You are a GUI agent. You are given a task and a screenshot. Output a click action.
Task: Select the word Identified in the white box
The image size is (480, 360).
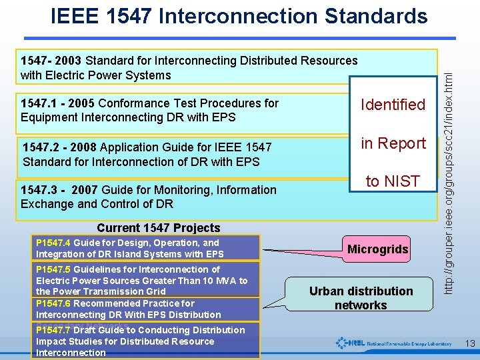click(393, 105)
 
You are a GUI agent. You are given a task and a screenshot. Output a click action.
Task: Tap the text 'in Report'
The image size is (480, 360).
click(393, 143)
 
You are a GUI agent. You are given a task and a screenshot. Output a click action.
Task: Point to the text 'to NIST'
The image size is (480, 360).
click(393, 181)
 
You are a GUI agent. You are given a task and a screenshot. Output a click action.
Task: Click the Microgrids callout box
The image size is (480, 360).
click(378, 249)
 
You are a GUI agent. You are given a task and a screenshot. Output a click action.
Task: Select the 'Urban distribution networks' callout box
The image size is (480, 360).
click(361, 298)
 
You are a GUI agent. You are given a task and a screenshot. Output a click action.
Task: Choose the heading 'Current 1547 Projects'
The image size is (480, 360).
click(158, 228)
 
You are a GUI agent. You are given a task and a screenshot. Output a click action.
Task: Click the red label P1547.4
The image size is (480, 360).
click(54, 243)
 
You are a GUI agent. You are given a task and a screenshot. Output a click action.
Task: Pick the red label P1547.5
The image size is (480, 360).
click(54, 269)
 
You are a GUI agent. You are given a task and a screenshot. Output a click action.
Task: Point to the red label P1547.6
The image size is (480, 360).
click(54, 303)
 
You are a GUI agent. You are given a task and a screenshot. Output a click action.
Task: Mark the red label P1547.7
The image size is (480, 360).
click(54, 330)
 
